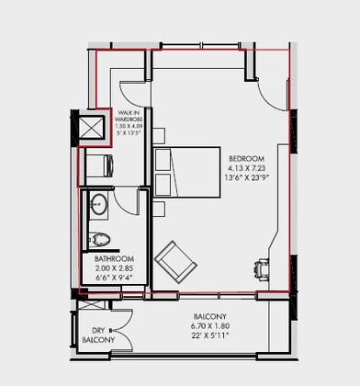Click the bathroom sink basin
(99, 205)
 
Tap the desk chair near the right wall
(260, 267)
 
